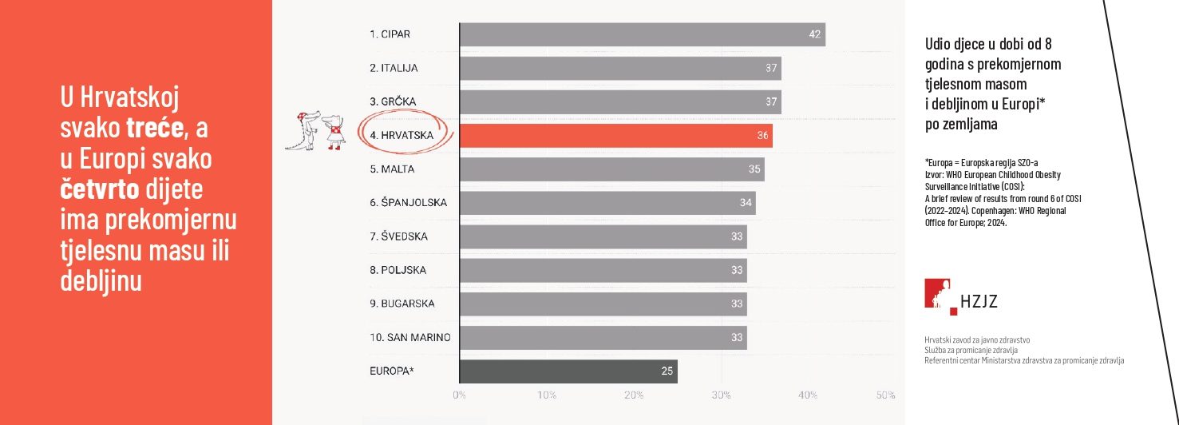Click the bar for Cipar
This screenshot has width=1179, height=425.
click(643, 34)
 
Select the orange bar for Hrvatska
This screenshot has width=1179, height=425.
click(615, 136)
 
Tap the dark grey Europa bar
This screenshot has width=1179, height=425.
click(568, 371)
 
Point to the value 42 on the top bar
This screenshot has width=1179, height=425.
click(815, 34)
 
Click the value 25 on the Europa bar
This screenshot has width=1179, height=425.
click(667, 371)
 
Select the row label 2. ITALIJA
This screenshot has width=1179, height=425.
click(394, 69)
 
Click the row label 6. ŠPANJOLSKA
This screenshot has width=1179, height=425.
click(408, 203)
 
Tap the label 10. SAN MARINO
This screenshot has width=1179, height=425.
click(409, 338)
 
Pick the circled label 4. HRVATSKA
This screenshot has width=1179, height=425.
click(402, 136)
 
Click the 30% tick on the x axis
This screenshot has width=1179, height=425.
click(722, 395)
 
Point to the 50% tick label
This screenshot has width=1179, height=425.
click(885, 395)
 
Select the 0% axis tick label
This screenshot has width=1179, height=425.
click(460, 395)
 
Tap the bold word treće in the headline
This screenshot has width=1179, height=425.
click(156, 126)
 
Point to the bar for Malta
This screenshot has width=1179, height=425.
click(611, 169)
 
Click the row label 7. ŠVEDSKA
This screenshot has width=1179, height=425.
click(398, 236)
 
